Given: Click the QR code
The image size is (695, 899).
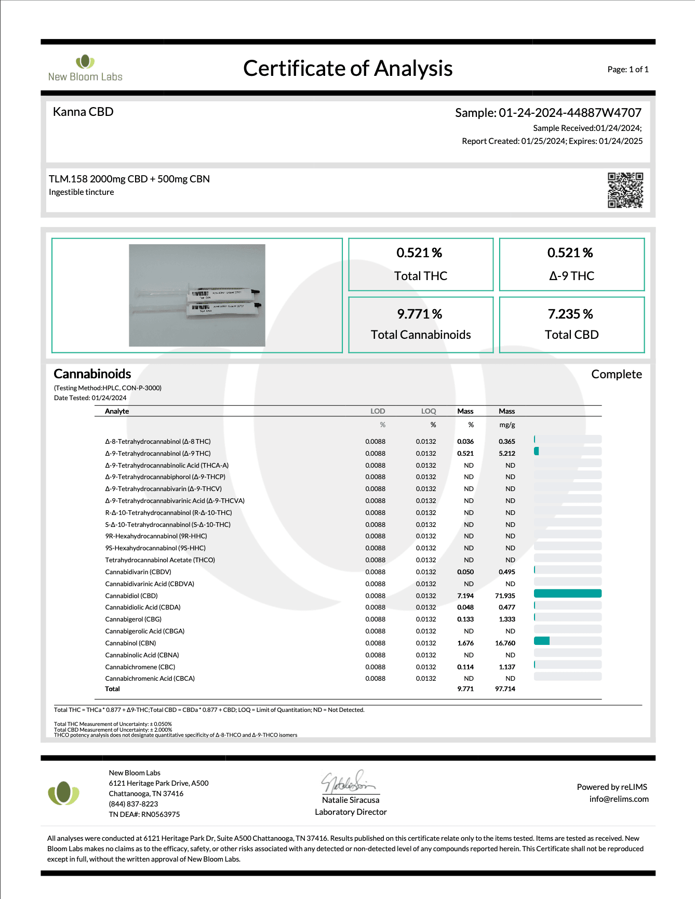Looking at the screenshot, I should pyautogui.click(x=625, y=190).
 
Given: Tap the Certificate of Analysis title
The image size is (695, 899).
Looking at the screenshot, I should pyautogui.click(x=347, y=69).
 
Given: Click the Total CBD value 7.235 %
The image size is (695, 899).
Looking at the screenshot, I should pyautogui.click(x=570, y=314).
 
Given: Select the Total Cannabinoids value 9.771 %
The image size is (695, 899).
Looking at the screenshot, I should pyautogui.click(x=420, y=314).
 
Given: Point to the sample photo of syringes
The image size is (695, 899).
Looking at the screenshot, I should pyautogui.click(x=197, y=295).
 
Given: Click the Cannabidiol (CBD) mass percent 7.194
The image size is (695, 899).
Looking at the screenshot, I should pyautogui.click(x=465, y=596).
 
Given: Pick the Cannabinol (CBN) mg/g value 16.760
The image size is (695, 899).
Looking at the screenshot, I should pyautogui.click(x=505, y=643).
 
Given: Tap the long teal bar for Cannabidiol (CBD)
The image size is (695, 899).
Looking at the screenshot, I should pyautogui.click(x=567, y=593).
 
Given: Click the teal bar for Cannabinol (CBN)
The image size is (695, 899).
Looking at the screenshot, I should pyautogui.click(x=542, y=641).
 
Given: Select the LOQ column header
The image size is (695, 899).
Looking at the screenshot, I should pyautogui.click(x=429, y=411).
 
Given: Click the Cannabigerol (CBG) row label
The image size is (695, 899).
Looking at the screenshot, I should pyautogui.click(x=133, y=619).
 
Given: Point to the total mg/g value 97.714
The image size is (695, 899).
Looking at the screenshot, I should pyautogui.click(x=505, y=689).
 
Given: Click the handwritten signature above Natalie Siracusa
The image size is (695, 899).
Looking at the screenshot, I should pyautogui.click(x=348, y=782).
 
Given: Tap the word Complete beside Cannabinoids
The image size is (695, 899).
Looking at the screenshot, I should pyautogui.click(x=616, y=374).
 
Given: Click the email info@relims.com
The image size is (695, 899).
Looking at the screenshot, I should pyautogui.click(x=619, y=799).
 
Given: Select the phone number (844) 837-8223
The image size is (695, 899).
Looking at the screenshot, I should pyautogui.click(x=133, y=804).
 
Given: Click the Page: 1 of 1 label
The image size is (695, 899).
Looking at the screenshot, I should pyautogui.click(x=627, y=69).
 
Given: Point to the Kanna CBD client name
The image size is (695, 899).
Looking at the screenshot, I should pyautogui.click(x=83, y=112).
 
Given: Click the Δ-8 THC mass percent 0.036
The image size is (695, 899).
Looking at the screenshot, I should pyautogui.click(x=465, y=441).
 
